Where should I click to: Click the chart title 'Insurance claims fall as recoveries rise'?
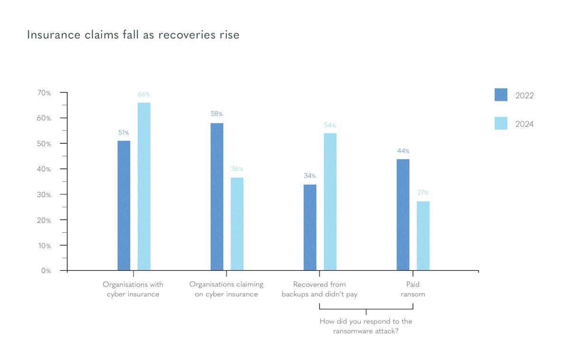point(133,35)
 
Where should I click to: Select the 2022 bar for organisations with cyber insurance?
point(123,205)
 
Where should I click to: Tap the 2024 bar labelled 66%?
point(144,186)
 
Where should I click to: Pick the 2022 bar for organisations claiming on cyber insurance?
point(217,197)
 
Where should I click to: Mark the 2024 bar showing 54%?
point(330,201)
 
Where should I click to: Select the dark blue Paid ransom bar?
point(403,215)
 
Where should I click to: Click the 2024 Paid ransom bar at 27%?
point(423,236)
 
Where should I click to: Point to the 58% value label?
point(217,114)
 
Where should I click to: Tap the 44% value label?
point(403,151)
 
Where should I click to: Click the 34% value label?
point(310,176)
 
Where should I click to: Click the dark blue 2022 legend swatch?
point(501,95)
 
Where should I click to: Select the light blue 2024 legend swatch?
point(501,123)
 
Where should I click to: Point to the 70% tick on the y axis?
point(44,93)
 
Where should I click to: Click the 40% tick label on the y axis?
point(44,169)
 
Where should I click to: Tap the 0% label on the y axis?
point(46,271)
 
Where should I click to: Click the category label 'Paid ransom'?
point(413,289)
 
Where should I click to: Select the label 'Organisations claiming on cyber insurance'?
point(226,289)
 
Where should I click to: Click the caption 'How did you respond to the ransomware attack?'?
point(366,326)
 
